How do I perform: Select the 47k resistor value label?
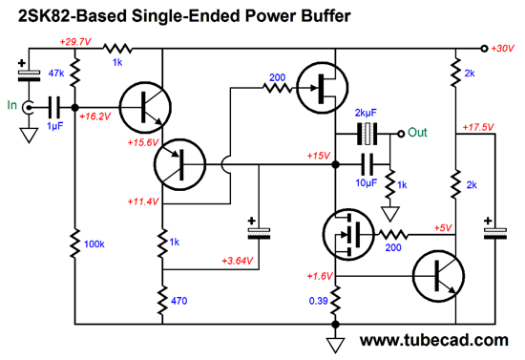(55, 73)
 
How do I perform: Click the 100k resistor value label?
(94, 245)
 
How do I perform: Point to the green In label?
(11, 104)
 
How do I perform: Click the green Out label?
(417, 132)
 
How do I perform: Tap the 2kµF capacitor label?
(367, 113)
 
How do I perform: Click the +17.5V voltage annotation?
(477, 126)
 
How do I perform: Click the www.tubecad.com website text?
(434, 341)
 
